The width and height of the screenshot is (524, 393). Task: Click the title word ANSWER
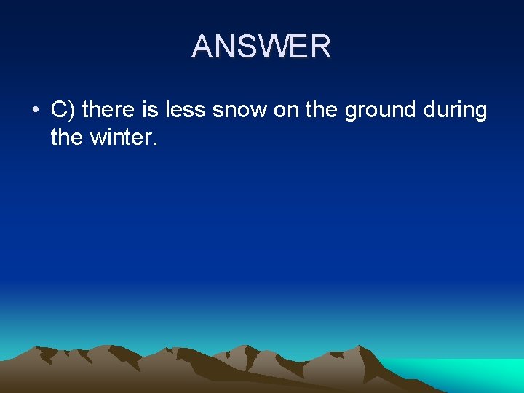261,47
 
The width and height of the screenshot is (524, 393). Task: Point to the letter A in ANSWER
202,47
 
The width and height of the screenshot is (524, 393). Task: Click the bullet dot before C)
35,111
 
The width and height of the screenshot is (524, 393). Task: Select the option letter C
59,110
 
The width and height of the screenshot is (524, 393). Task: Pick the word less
186,110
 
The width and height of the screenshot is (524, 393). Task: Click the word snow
239,110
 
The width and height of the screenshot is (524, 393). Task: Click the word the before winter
66,136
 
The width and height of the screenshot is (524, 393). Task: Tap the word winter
118,136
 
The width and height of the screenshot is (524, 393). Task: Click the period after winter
154,143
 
